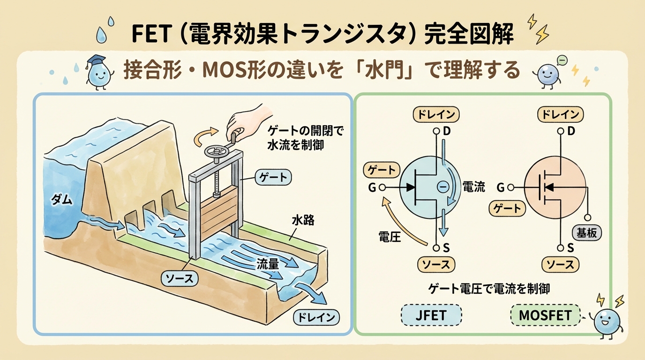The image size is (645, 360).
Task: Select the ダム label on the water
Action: coord(61,200)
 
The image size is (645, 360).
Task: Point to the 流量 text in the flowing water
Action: coord(268,264)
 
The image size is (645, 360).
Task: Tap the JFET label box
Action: coord(431,315)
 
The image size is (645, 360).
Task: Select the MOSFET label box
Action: coord(545,315)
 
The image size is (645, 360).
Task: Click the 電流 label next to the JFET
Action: coord(473,187)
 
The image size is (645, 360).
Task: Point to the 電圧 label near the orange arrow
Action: coord(390,237)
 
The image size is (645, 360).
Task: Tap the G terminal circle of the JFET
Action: coord(382,187)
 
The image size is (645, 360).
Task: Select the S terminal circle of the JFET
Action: coord(436,247)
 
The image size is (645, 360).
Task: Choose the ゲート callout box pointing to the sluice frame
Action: coord(272,177)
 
